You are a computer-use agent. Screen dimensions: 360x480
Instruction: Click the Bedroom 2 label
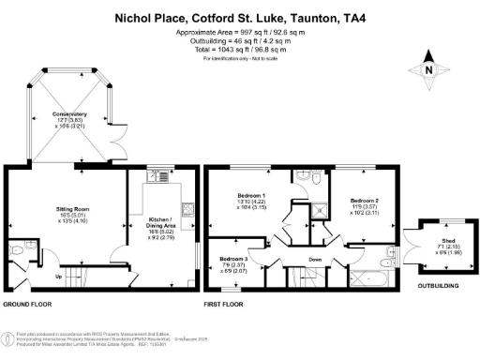[364, 201]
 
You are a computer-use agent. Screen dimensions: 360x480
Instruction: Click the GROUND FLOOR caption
[26, 305]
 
